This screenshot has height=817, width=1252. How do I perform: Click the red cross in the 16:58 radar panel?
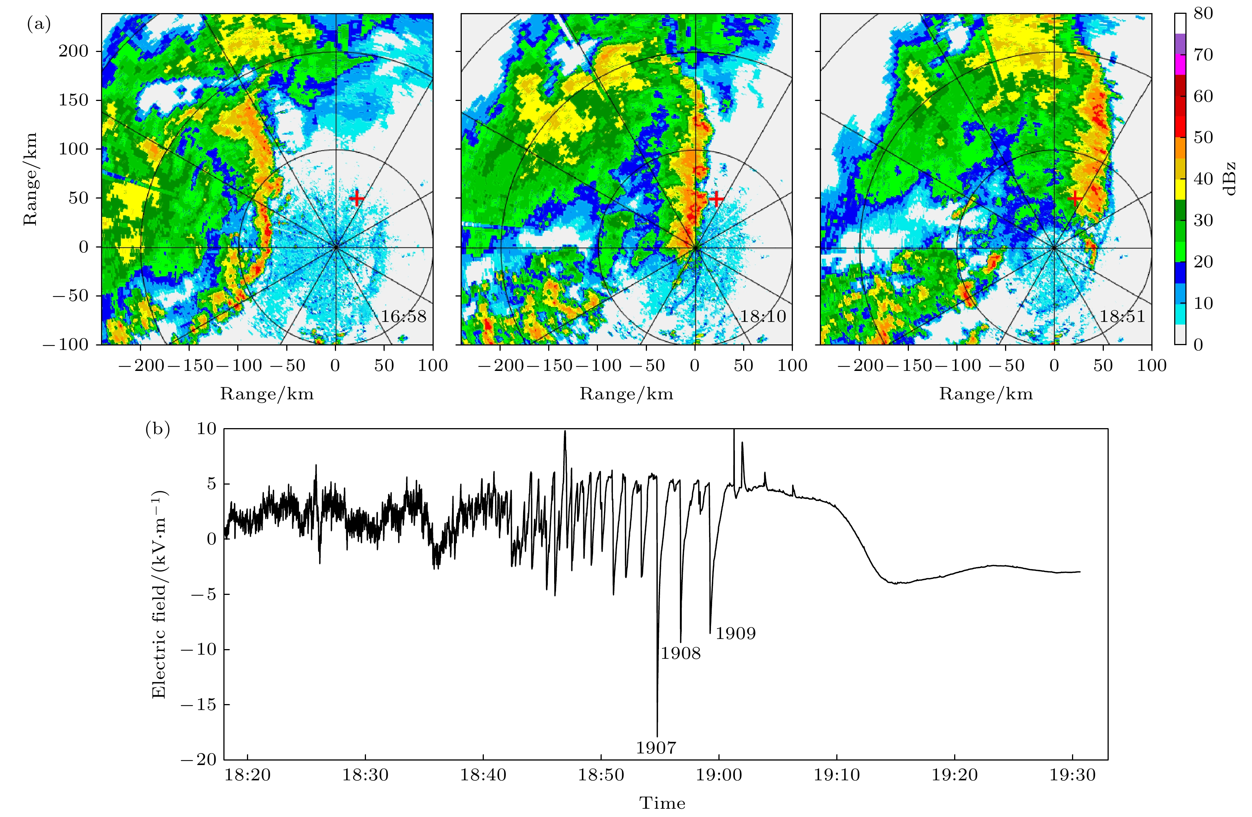(357, 199)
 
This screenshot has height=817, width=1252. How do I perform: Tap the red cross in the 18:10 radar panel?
(716, 199)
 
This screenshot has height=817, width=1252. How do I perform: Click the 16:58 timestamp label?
(403, 316)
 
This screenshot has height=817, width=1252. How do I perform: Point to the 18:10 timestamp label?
(763, 316)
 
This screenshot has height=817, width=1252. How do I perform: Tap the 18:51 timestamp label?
(1122, 316)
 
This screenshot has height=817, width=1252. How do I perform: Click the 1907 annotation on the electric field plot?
(656, 747)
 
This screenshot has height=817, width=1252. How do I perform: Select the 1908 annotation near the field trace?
(681, 654)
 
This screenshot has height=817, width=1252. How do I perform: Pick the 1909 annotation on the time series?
(735, 633)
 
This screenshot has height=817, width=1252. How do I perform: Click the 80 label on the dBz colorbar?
(1203, 13)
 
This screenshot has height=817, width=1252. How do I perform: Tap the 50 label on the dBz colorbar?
(1203, 137)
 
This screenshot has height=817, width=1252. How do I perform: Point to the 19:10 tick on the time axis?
(837, 775)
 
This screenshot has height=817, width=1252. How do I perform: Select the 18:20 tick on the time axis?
(248, 775)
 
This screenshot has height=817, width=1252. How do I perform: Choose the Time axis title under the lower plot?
(662, 803)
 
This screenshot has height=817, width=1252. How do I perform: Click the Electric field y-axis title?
(159, 594)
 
